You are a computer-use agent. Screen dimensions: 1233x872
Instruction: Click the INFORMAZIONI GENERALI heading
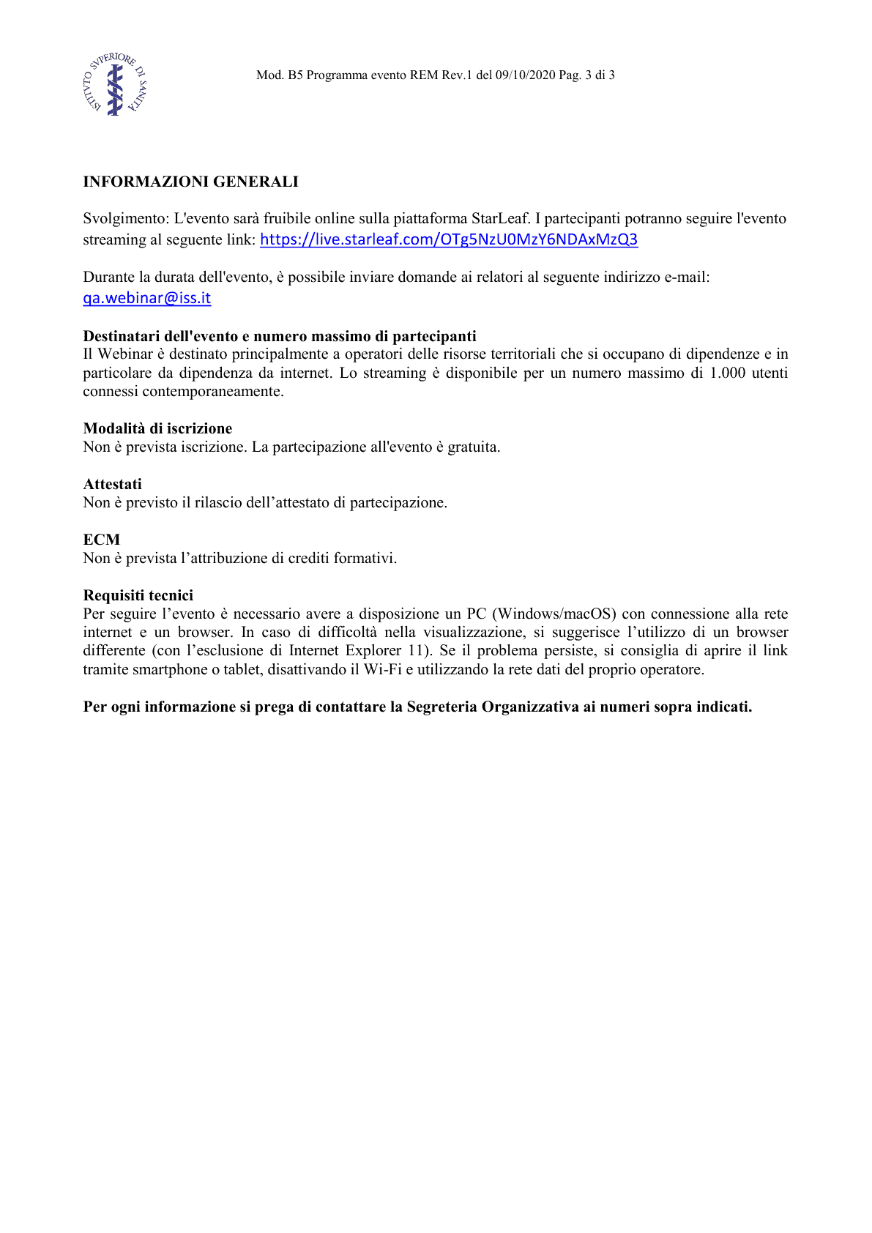point(190,182)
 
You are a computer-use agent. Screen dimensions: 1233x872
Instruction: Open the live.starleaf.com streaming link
point(449,239)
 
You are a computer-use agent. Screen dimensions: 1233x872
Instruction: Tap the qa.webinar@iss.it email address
point(147,298)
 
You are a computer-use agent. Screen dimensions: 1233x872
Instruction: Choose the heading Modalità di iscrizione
point(157,428)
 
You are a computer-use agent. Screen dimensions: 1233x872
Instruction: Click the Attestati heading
point(112,484)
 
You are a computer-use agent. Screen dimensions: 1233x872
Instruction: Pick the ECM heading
point(101,540)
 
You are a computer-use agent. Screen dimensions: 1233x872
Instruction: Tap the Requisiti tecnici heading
point(138,595)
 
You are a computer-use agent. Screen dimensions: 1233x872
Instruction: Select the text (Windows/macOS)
point(555,614)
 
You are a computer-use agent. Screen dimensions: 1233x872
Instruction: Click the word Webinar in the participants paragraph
point(125,354)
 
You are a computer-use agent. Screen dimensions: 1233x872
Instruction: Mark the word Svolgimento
point(125,218)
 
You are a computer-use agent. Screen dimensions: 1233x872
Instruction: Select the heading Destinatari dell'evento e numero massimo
point(279,336)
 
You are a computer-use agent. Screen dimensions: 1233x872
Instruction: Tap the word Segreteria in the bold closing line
point(441,707)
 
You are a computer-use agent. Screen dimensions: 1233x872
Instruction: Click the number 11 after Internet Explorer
point(415,650)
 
